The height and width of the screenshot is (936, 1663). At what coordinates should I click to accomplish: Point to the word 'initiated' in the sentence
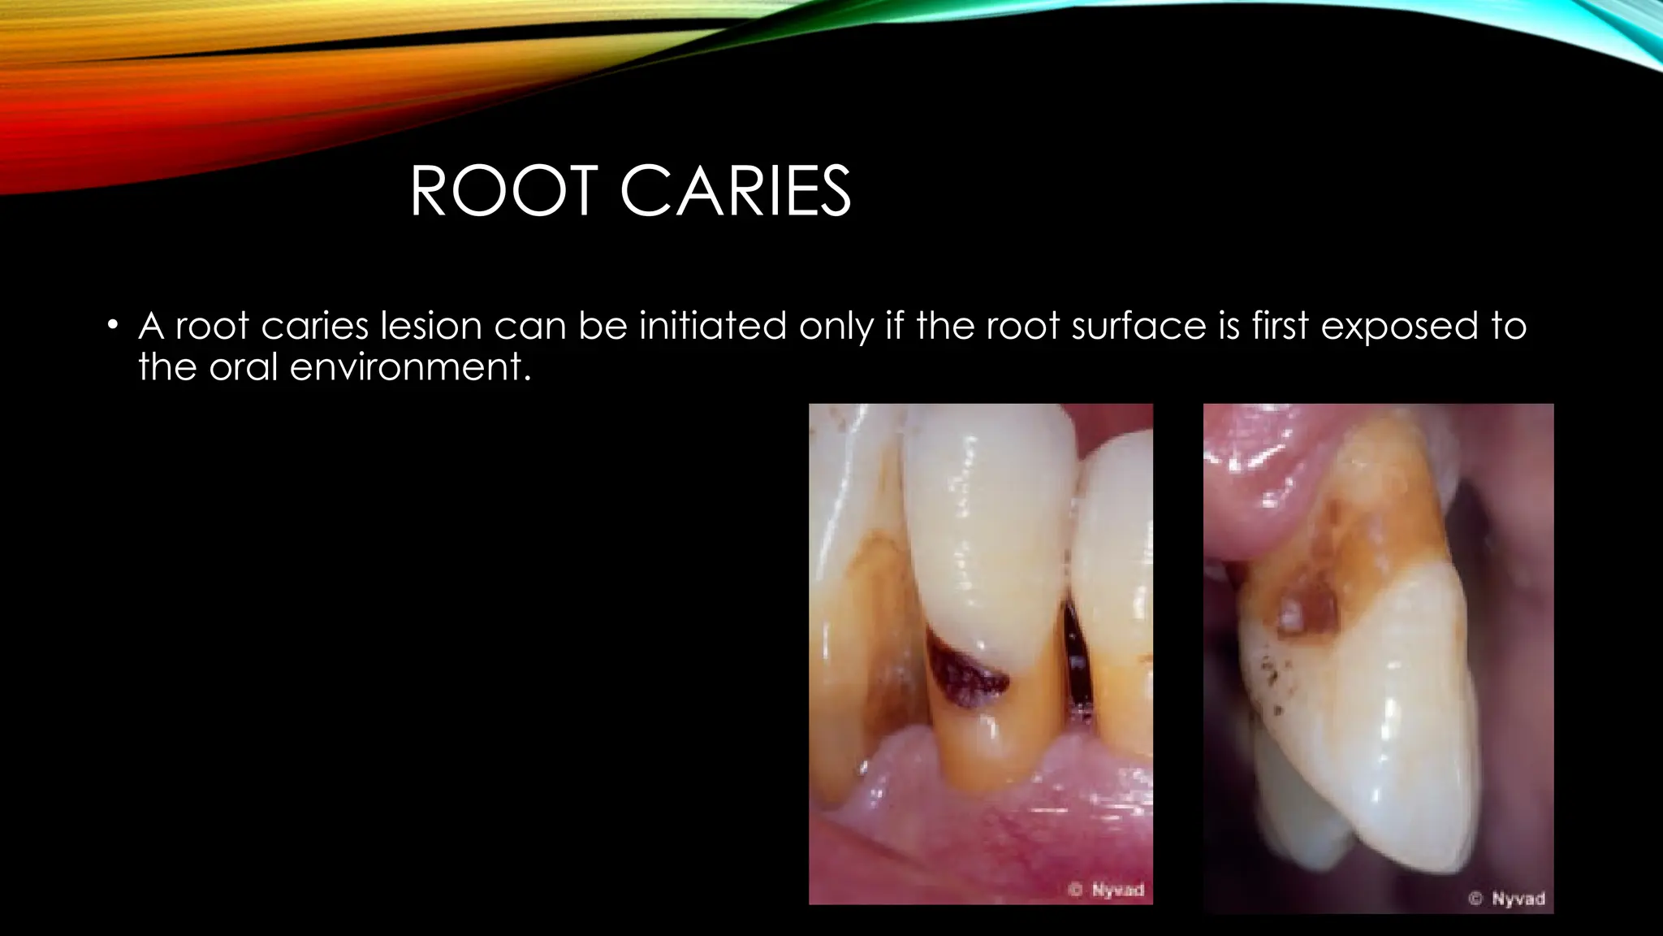click(712, 327)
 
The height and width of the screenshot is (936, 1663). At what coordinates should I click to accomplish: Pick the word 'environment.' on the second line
click(410, 367)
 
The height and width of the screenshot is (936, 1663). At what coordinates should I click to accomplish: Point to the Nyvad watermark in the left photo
click(1108, 890)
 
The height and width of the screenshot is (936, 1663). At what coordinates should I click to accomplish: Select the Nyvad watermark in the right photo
click(1508, 899)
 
